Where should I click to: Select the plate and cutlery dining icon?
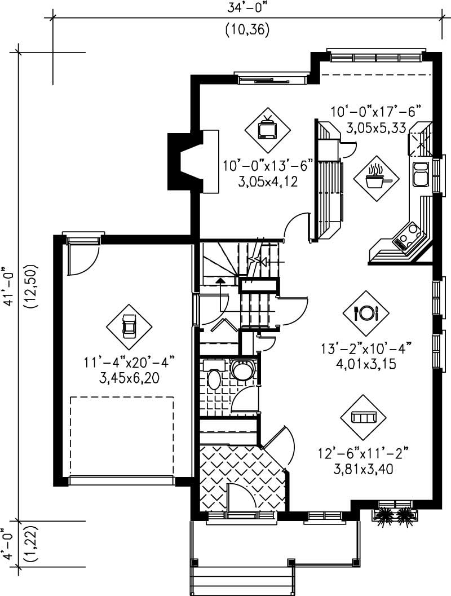coord(365,313)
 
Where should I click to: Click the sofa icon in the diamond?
coord(363,417)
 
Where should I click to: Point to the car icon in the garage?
coord(129,326)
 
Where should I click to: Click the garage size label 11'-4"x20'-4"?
coord(130,362)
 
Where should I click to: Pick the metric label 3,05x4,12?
coord(259,182)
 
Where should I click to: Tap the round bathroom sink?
coord(244,370)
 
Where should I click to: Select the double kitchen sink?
coord(421,174)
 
